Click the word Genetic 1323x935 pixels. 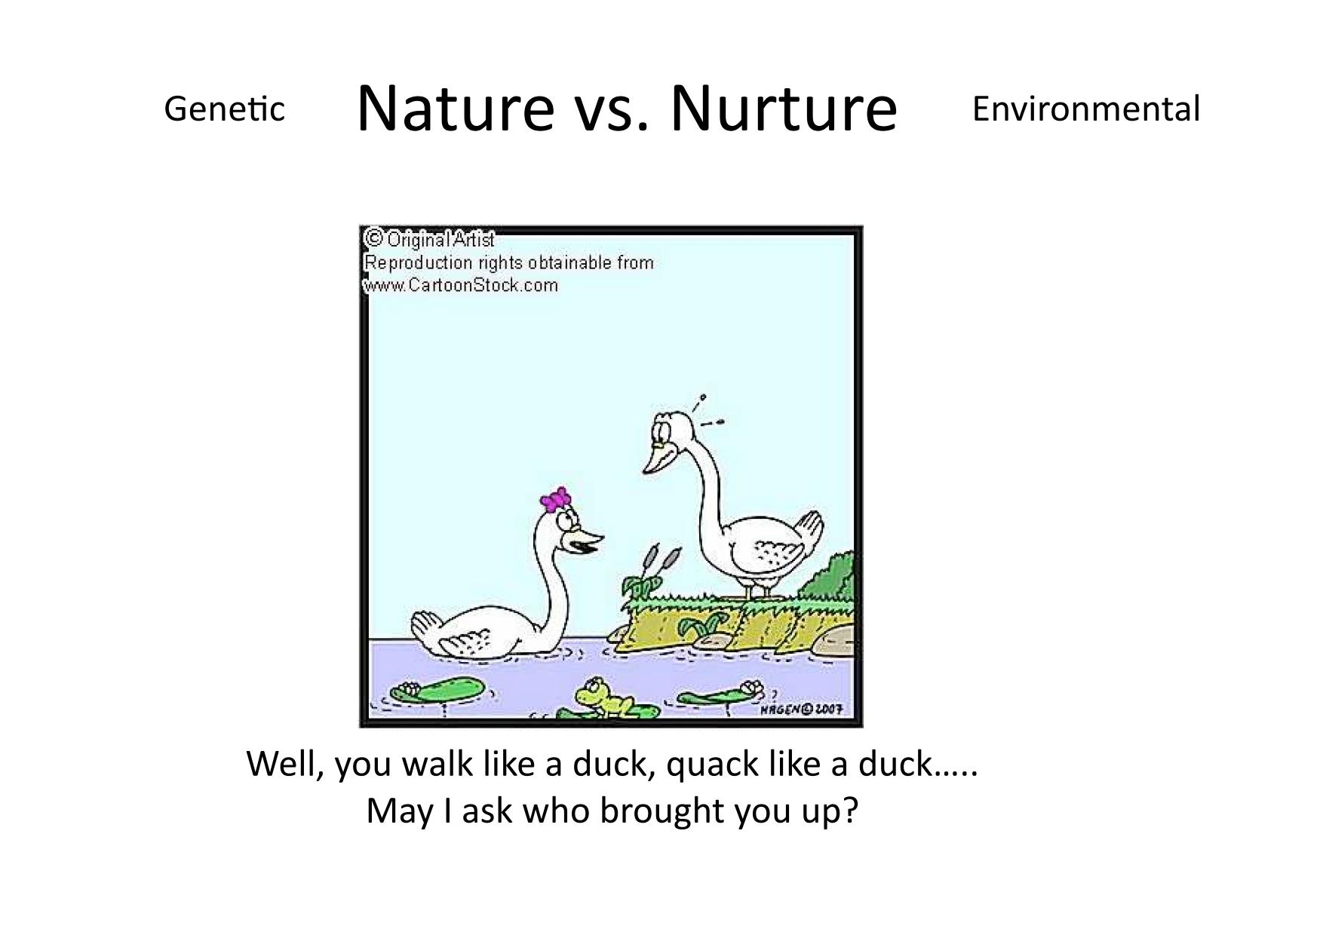click(225, 109)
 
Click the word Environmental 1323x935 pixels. click(1085, 109)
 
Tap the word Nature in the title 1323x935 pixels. click(456, 107)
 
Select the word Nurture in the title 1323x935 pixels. click(784, 107)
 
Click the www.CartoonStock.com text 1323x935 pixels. click(461, 285)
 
